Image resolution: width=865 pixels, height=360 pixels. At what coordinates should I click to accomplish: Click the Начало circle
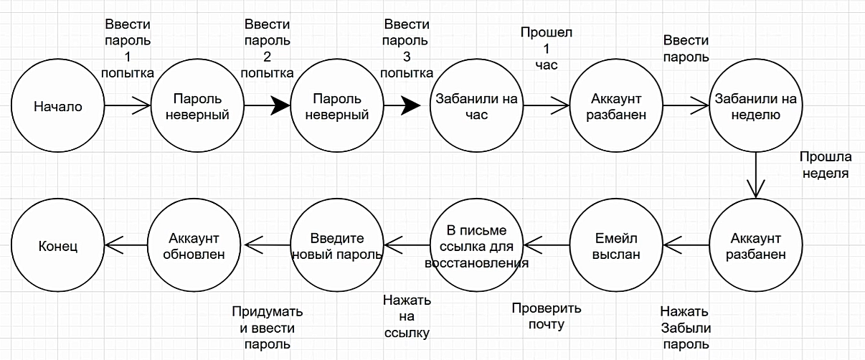tap(58, 107)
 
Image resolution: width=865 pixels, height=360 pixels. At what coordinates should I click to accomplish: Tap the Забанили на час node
tap(477, 107)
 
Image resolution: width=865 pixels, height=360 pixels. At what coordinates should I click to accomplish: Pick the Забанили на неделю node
tap(756, 107)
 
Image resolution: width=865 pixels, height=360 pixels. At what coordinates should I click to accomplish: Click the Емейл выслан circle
tap(616, 246)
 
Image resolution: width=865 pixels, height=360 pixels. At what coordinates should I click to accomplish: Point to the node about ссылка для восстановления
tap(477, 246)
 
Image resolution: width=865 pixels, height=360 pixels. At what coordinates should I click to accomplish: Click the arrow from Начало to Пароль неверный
tap(128, 107)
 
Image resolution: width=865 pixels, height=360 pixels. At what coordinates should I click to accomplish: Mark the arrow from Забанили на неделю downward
tap(756, 175)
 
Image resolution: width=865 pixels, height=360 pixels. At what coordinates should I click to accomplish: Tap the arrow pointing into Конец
tap(126, 245)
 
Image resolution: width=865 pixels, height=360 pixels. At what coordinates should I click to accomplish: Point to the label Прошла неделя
tap(825, 165)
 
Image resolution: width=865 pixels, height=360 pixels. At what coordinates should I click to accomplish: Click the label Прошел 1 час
tap(547, 48)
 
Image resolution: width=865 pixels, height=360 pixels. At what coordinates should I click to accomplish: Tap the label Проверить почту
tap(547, 316)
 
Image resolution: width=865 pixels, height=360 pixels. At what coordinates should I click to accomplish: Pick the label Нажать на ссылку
tap(406, 316)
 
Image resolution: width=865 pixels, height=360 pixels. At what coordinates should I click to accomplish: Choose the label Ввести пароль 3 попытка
tap(407, 48)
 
